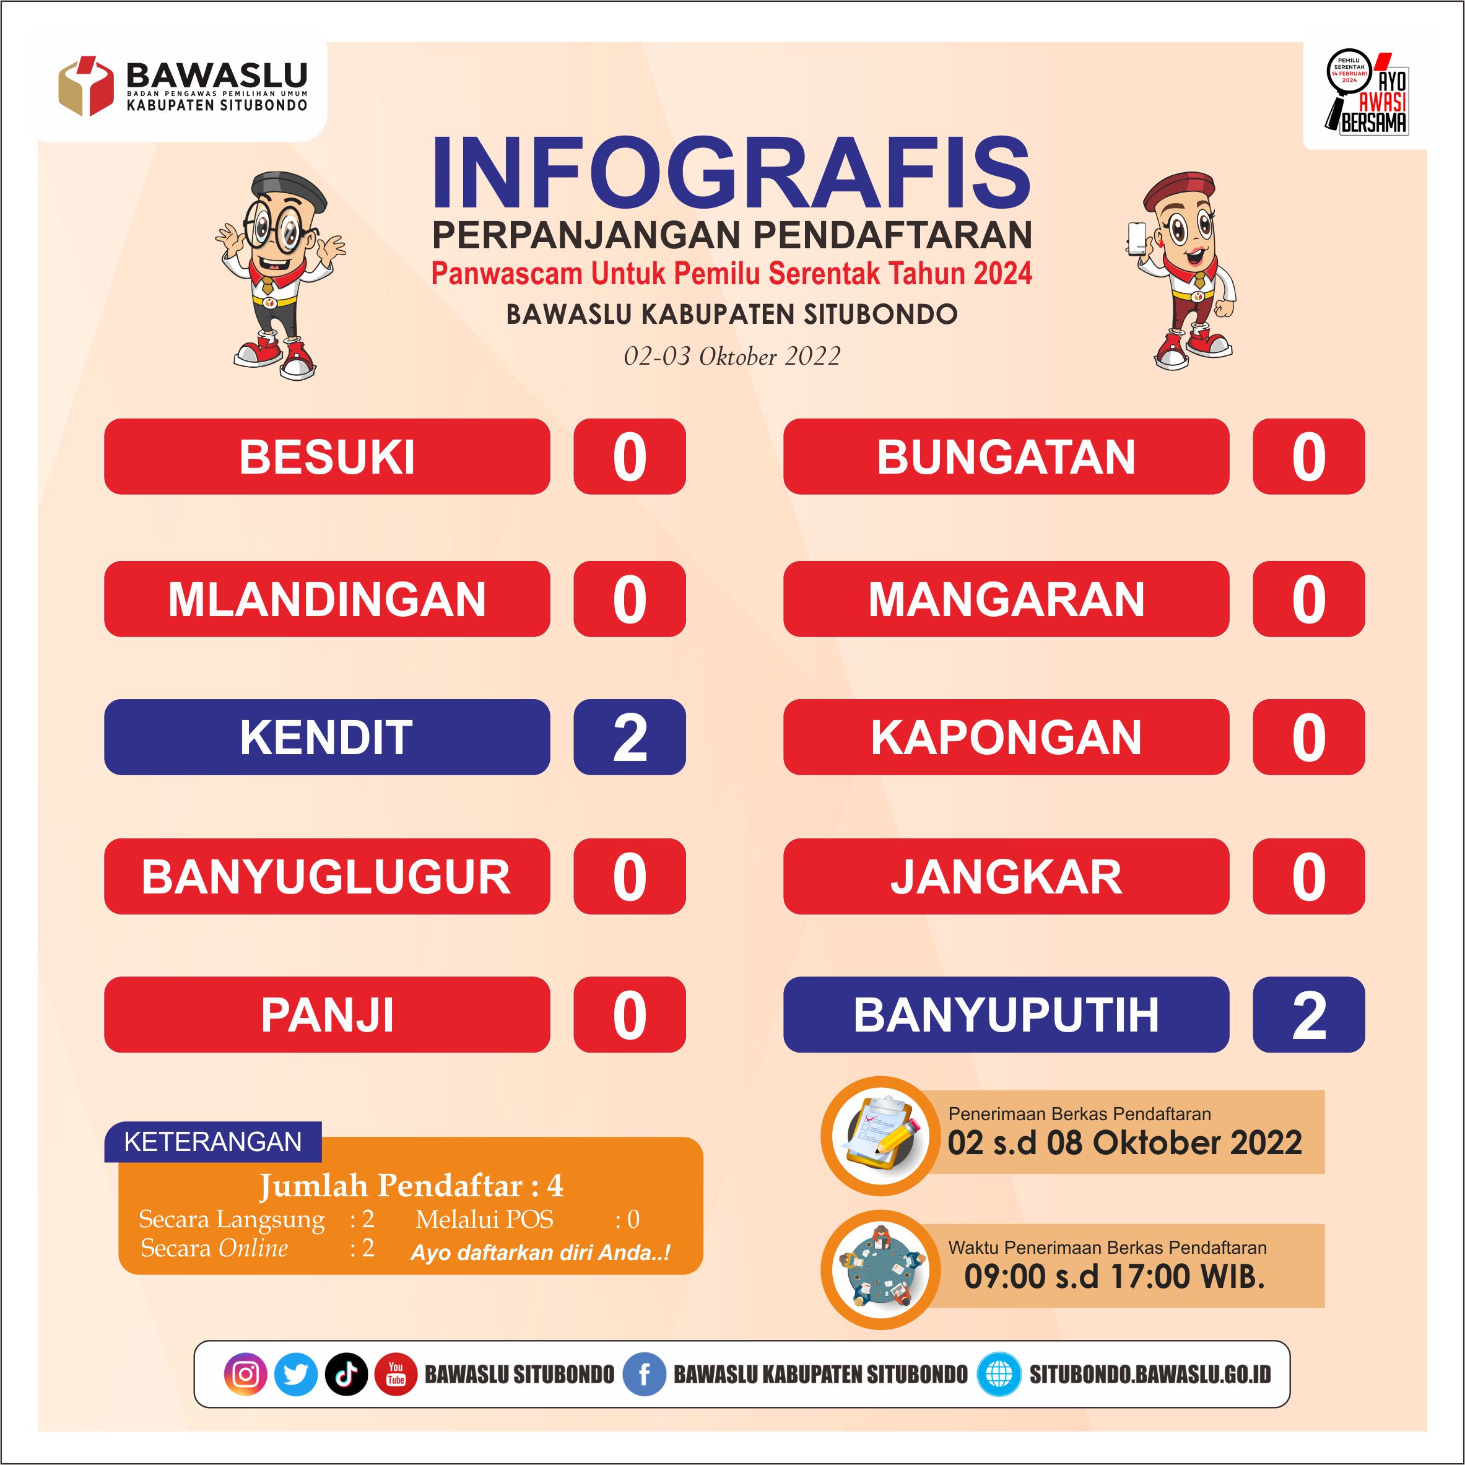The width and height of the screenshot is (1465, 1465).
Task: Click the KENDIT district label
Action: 327,737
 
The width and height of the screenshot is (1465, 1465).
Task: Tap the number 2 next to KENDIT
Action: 629,737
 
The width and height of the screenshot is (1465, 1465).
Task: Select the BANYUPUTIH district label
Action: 1006,1015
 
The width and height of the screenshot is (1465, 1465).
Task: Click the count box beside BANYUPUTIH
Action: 1309,1015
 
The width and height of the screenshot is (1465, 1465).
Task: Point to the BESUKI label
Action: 327,456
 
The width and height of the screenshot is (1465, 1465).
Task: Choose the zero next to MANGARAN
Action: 1309,599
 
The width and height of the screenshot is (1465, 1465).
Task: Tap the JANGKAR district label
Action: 1006,877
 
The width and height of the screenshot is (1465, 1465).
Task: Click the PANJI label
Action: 327,1015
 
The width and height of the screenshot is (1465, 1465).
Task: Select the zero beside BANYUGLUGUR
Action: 629,877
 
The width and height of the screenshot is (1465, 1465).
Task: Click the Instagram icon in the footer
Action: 246,1375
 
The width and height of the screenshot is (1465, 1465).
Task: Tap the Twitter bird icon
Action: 296,1375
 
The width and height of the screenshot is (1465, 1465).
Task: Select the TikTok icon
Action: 347,1375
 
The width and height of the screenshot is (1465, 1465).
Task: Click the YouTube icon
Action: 396,1375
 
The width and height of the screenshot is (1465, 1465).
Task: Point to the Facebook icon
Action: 645,1375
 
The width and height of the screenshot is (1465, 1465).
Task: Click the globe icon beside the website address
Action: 999,1375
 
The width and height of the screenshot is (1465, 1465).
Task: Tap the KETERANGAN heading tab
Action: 213,1141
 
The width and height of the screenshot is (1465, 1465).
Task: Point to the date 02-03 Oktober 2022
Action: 732,357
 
